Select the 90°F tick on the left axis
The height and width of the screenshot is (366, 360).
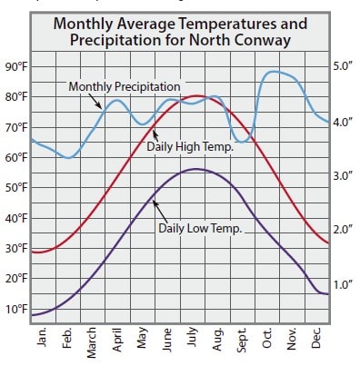coord(15,67)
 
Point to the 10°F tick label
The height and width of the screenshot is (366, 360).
coord(15,309)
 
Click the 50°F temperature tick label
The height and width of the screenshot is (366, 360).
coord(15,188)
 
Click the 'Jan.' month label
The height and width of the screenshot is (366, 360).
coord(42,338)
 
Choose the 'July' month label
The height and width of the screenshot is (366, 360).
coord(193,338)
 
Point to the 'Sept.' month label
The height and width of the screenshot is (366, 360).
coord(243,338)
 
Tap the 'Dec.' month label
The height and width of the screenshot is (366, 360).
coord(317,338)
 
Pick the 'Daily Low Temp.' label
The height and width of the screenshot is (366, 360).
coord(200,229)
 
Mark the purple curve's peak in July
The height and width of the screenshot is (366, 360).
coord(194,169)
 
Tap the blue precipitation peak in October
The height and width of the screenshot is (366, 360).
coord(272,72)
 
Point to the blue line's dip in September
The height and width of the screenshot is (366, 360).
coord(241,141)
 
